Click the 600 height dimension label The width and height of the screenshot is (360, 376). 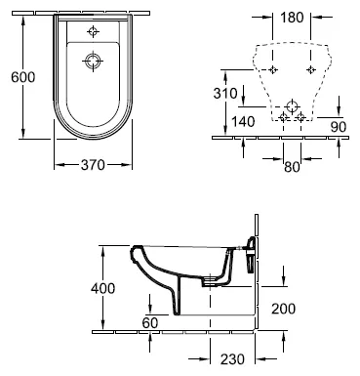(x=22, y=77)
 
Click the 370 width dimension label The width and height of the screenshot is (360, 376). (x=93, y=165)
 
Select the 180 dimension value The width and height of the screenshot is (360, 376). (x=292, y=18)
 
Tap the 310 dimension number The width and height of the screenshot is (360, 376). (x=225, y=94)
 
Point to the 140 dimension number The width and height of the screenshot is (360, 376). (x=243, y=122)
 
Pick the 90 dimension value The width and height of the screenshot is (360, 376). (x=339, y=127)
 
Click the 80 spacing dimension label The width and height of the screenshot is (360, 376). (x=292, y=167)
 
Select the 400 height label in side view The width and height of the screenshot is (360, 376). (x=102, y=288)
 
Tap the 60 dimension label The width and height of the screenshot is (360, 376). (x=150, y=322)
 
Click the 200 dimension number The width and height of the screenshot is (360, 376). (x=284, y=309)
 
